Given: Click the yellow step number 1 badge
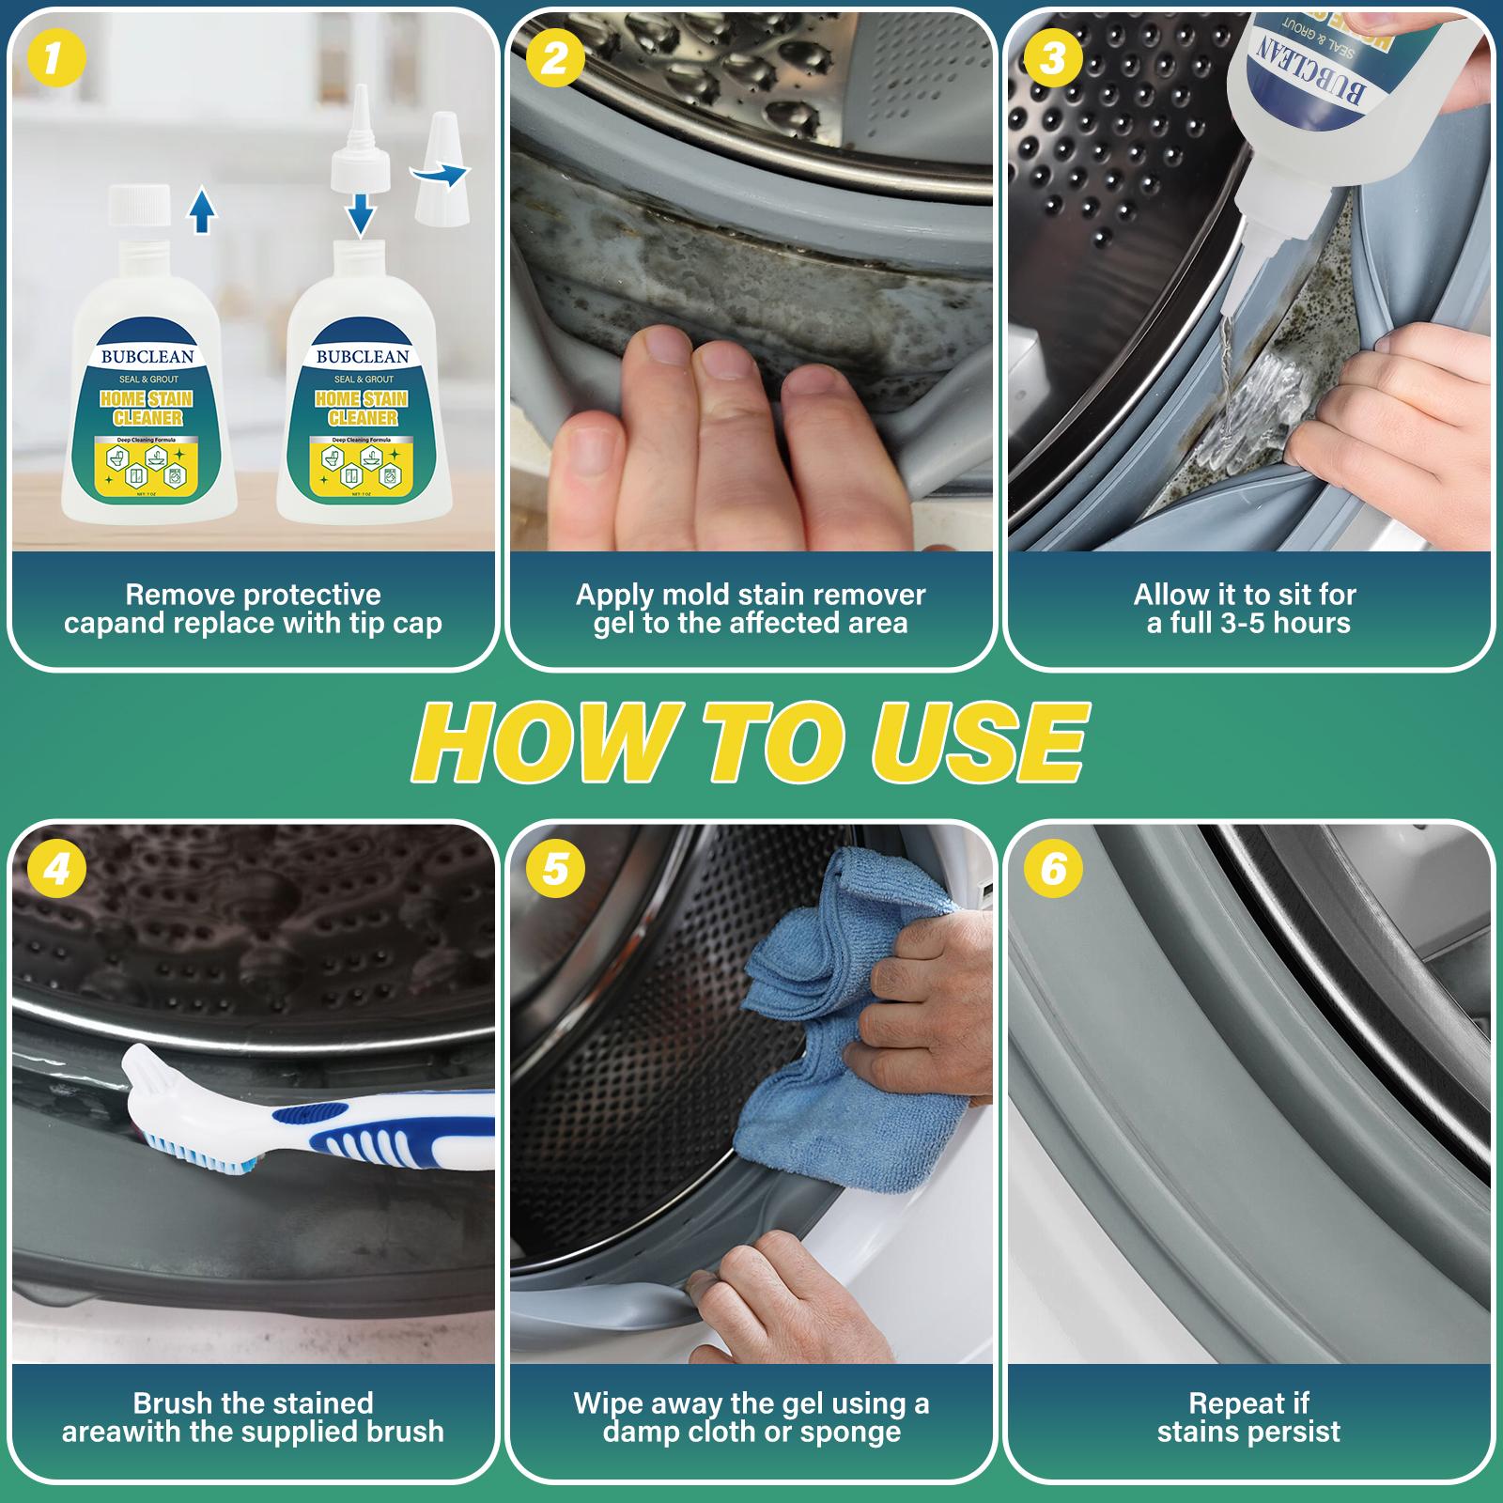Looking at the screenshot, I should pyautogui.click(x=56, y=59).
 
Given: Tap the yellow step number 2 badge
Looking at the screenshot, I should pyautogui.click(x=554, y=59).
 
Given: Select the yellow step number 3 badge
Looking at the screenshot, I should pyautogui.click(x=1053, y=59).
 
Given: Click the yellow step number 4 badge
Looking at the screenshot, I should pyautogui.click(x=56, y=869).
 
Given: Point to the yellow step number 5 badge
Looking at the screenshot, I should pyautogui.click(x=554, y=869).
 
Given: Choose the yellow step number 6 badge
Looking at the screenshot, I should pyautogui.click(x=1053, y=869).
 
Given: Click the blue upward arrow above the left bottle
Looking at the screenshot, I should pyautogui.click(x=202, y=209).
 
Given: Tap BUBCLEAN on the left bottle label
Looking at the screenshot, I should pyautogui.click(x=147, y=357).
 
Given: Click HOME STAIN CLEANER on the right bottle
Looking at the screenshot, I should pyautogui.click(x=363, y=409).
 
